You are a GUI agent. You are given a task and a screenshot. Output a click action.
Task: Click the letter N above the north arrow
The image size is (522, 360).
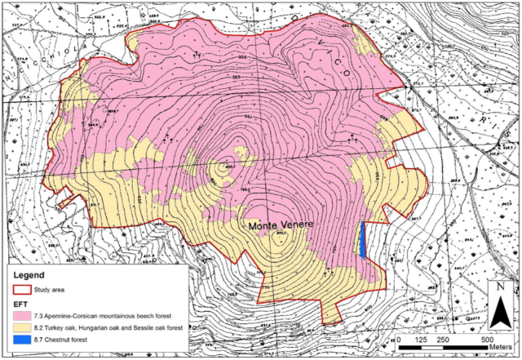click(498, 287)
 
